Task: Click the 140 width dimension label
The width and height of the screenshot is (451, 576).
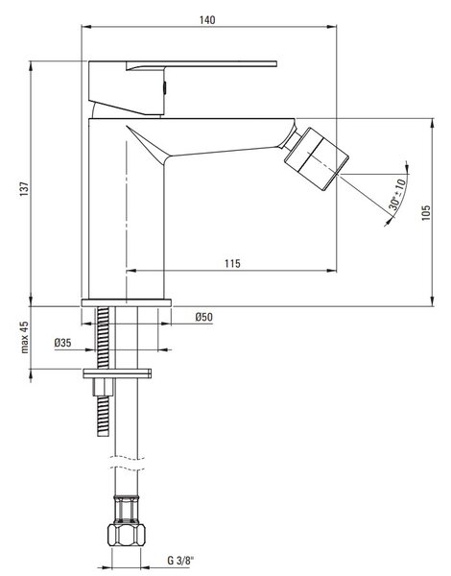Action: (207, 20)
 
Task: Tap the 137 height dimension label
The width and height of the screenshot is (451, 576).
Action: (24, 189)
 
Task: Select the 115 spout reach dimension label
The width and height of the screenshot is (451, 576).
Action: (232, 263)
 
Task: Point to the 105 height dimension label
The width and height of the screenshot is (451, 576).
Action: (426, 213)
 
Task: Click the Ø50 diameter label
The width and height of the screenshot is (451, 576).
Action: (203, 317)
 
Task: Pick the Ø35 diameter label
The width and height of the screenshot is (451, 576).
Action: (62, 343)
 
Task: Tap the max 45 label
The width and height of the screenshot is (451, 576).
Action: (24, 337)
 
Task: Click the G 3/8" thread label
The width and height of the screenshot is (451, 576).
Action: (180, 561)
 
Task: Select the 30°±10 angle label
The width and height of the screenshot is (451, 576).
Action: (396, 194)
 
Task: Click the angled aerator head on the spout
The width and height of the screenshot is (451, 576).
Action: (317, 159)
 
